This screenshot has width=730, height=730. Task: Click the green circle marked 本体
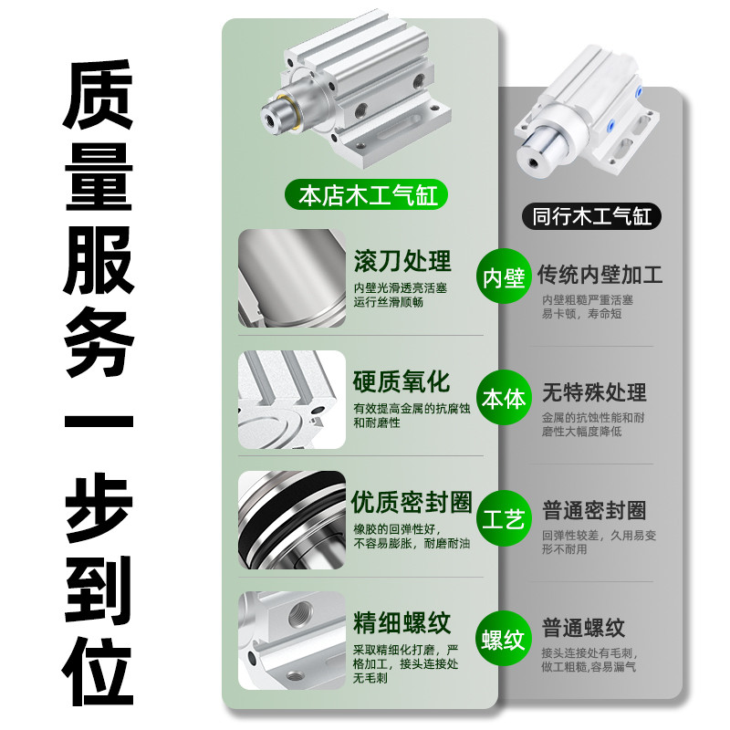(504, 399)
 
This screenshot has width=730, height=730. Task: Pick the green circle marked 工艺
(504, 520)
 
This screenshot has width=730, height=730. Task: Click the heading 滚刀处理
(402, 261)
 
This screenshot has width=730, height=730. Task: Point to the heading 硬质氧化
(402, 381)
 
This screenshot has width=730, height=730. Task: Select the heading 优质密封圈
(412, 502)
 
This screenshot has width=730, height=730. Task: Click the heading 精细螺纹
(402, 624)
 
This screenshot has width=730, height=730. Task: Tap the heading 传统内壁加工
(600, 274)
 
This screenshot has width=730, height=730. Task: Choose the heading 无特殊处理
(594, 392)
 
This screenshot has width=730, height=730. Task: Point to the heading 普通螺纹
(584, 628)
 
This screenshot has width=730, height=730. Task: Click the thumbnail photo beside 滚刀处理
(292, 278)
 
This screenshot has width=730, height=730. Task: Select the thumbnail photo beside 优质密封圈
(292, 520)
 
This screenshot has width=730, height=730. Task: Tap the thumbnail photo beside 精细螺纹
(292, 641)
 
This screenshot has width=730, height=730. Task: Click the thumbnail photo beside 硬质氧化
(292, 399)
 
